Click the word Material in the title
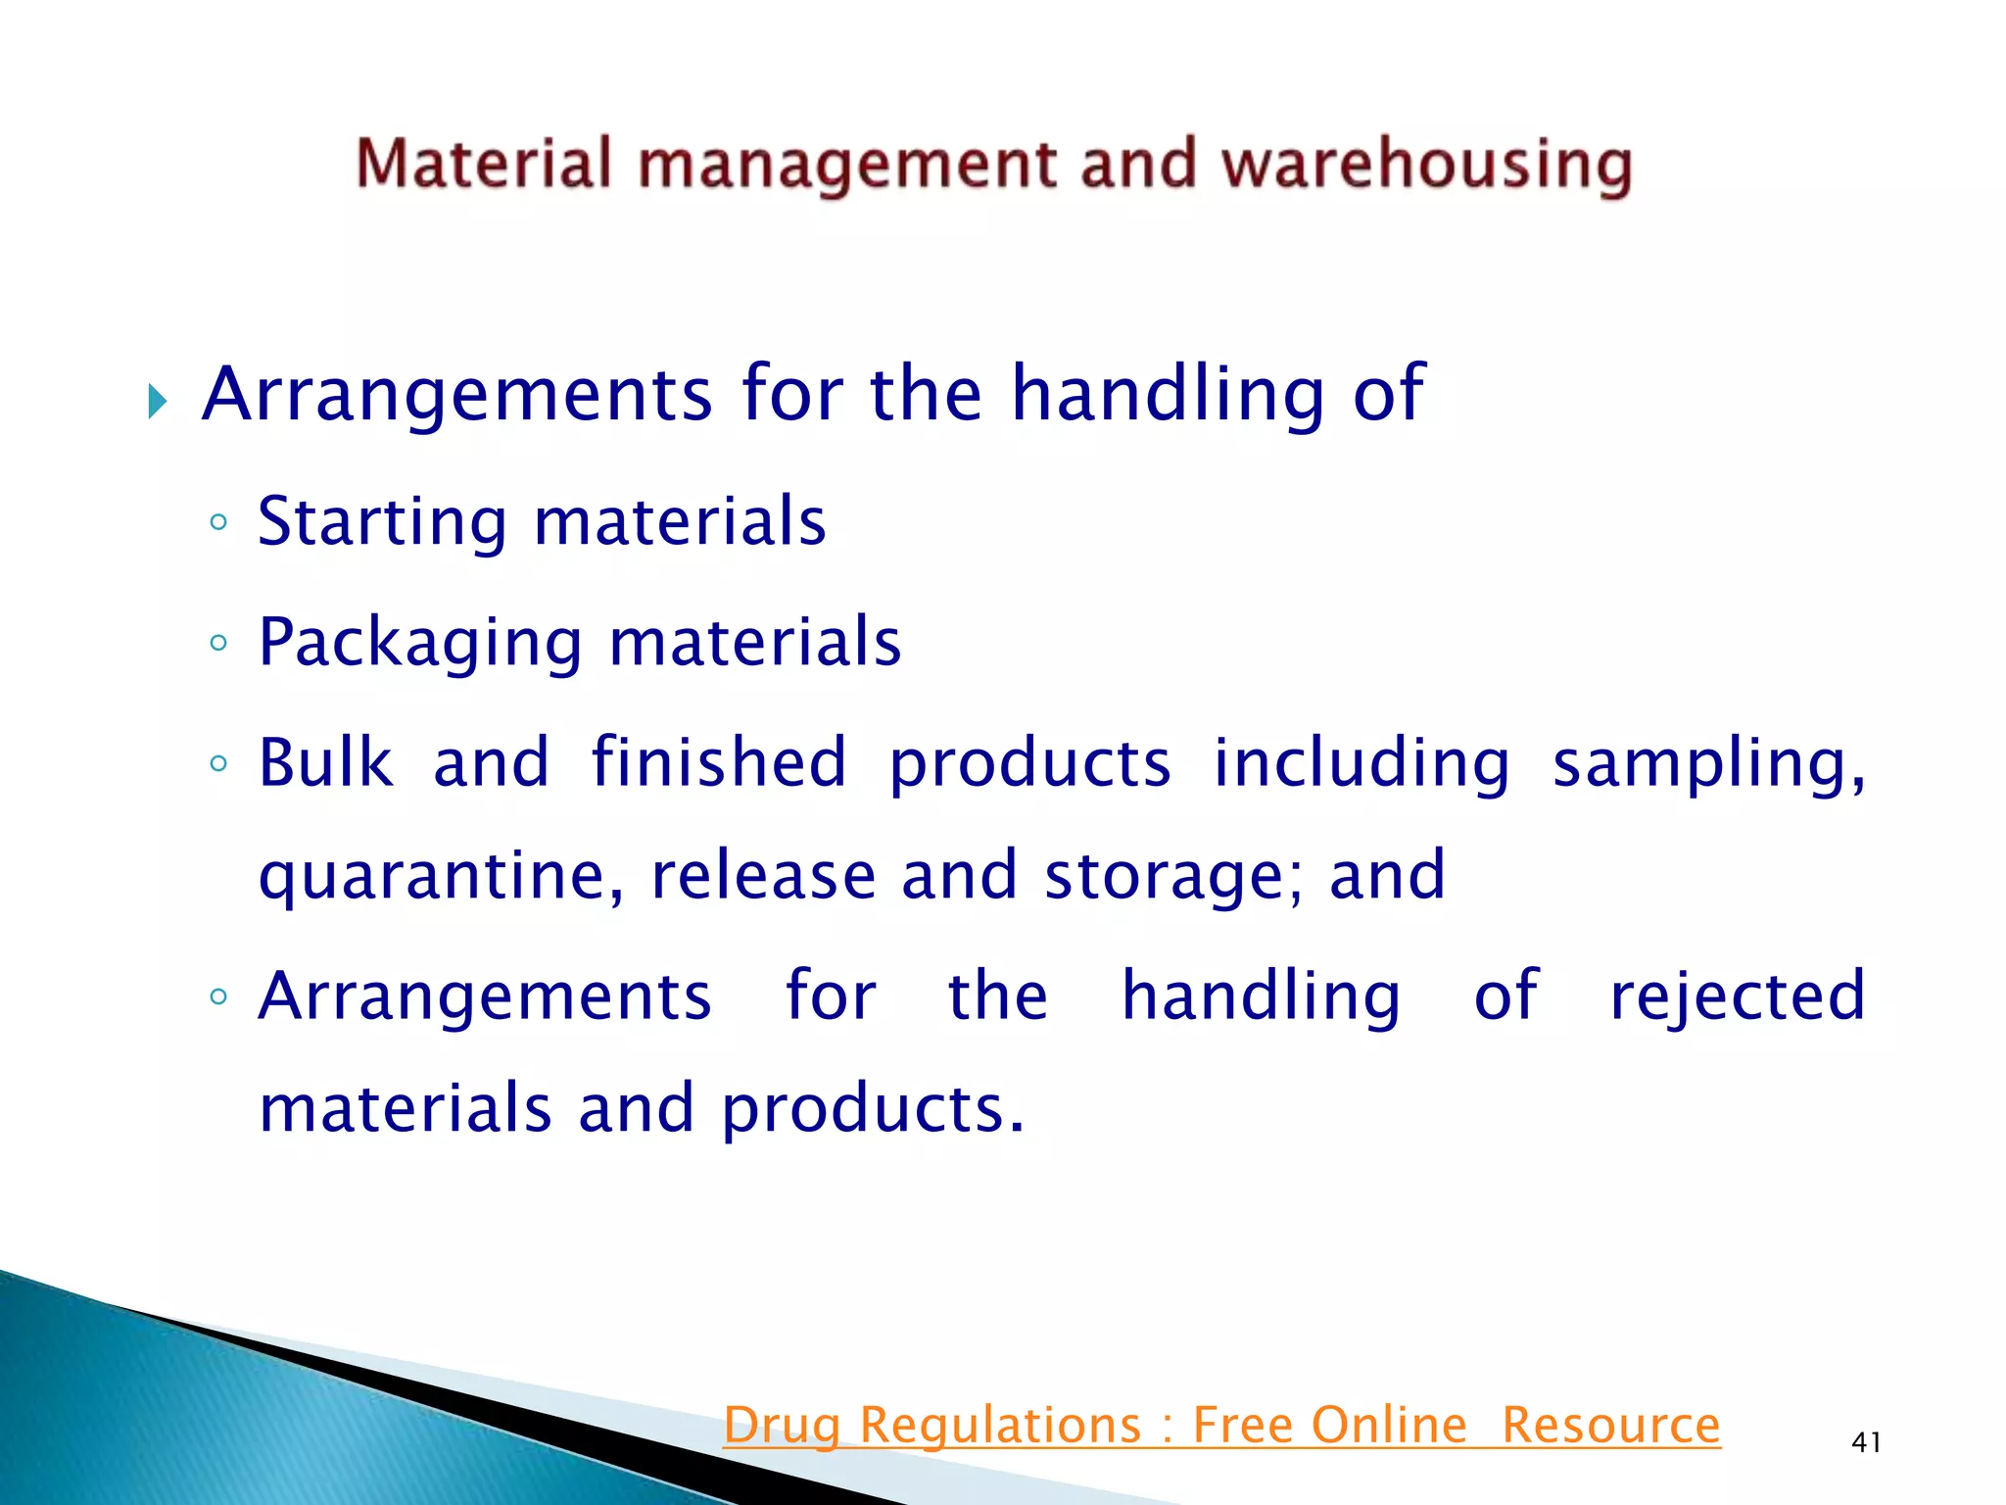click(x=484, y=163)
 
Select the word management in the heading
click(x=847, y=165)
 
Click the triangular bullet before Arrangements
click(x=158, y=401)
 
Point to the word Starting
click(x=382, y=522)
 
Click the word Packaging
click(x=420, y=644)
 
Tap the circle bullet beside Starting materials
click(x=218, y=522)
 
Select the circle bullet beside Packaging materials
click(x=218, y=644)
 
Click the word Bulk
click(x=325, y=762)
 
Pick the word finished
click(x=719, y=762)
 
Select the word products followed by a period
click(x=872, y=1111)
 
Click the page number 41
click(x=1866, y=1442)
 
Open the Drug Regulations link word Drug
click(x=783, y=1426)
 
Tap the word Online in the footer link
click(x=1389, y=1426)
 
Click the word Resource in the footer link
click(x=1610, y=1426)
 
